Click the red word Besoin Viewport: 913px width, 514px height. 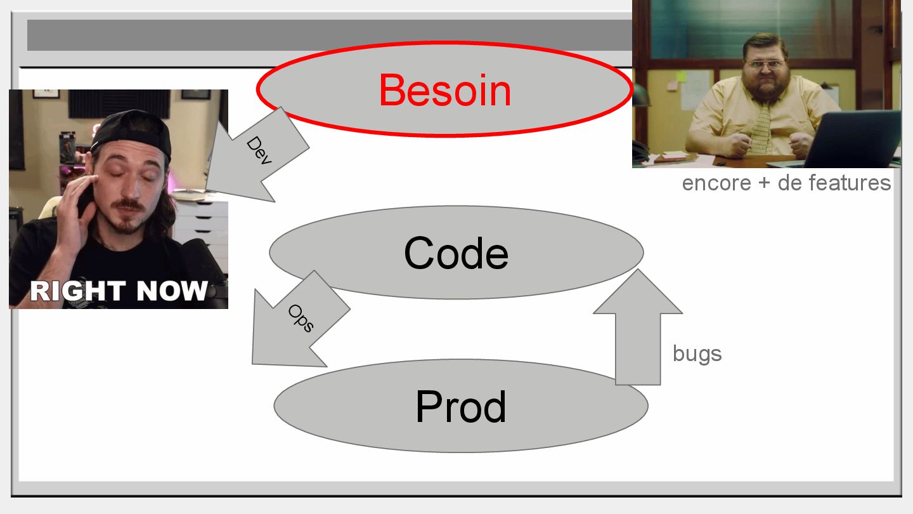[445, 90]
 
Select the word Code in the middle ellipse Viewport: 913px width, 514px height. [456, 253]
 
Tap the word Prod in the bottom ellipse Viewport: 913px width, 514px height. [461, 407]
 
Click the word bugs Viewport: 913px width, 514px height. [697, 353]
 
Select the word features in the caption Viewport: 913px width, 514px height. [849, 183]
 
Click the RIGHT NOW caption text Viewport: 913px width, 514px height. [119, 291]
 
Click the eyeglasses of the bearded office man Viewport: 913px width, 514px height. [766, 64]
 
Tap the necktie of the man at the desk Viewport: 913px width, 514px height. [761, 130]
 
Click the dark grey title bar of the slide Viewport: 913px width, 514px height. [317, 35]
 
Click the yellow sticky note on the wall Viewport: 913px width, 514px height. [681, 76]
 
